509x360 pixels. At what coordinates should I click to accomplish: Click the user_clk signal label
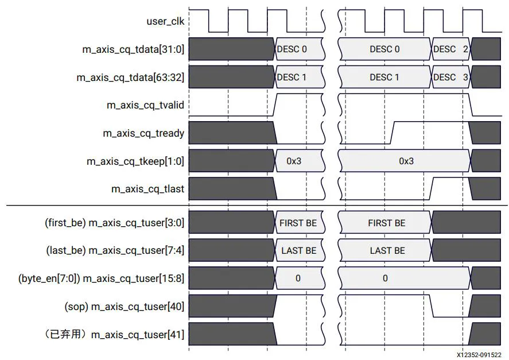(x=165, y=21)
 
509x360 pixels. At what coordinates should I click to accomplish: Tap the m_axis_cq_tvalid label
(x=145, y=105)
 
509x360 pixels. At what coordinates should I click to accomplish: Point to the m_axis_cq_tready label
(x=143, y=133)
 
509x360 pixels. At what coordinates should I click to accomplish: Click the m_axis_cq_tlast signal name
(x=148, y=188)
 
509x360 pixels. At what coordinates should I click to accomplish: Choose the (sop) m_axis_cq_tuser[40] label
(x=124, y=306)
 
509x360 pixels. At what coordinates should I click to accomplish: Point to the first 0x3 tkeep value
(x=294, y=161)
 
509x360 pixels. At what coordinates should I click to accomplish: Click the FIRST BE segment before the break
(x=298, y=223)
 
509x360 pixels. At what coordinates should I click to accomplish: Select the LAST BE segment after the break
(x=387, y=250)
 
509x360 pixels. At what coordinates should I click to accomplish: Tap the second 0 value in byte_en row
(x=385, y=278)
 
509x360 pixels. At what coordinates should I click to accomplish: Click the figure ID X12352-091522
(x=479, y=355)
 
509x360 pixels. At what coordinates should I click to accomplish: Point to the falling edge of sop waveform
(x=432, y=306)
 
